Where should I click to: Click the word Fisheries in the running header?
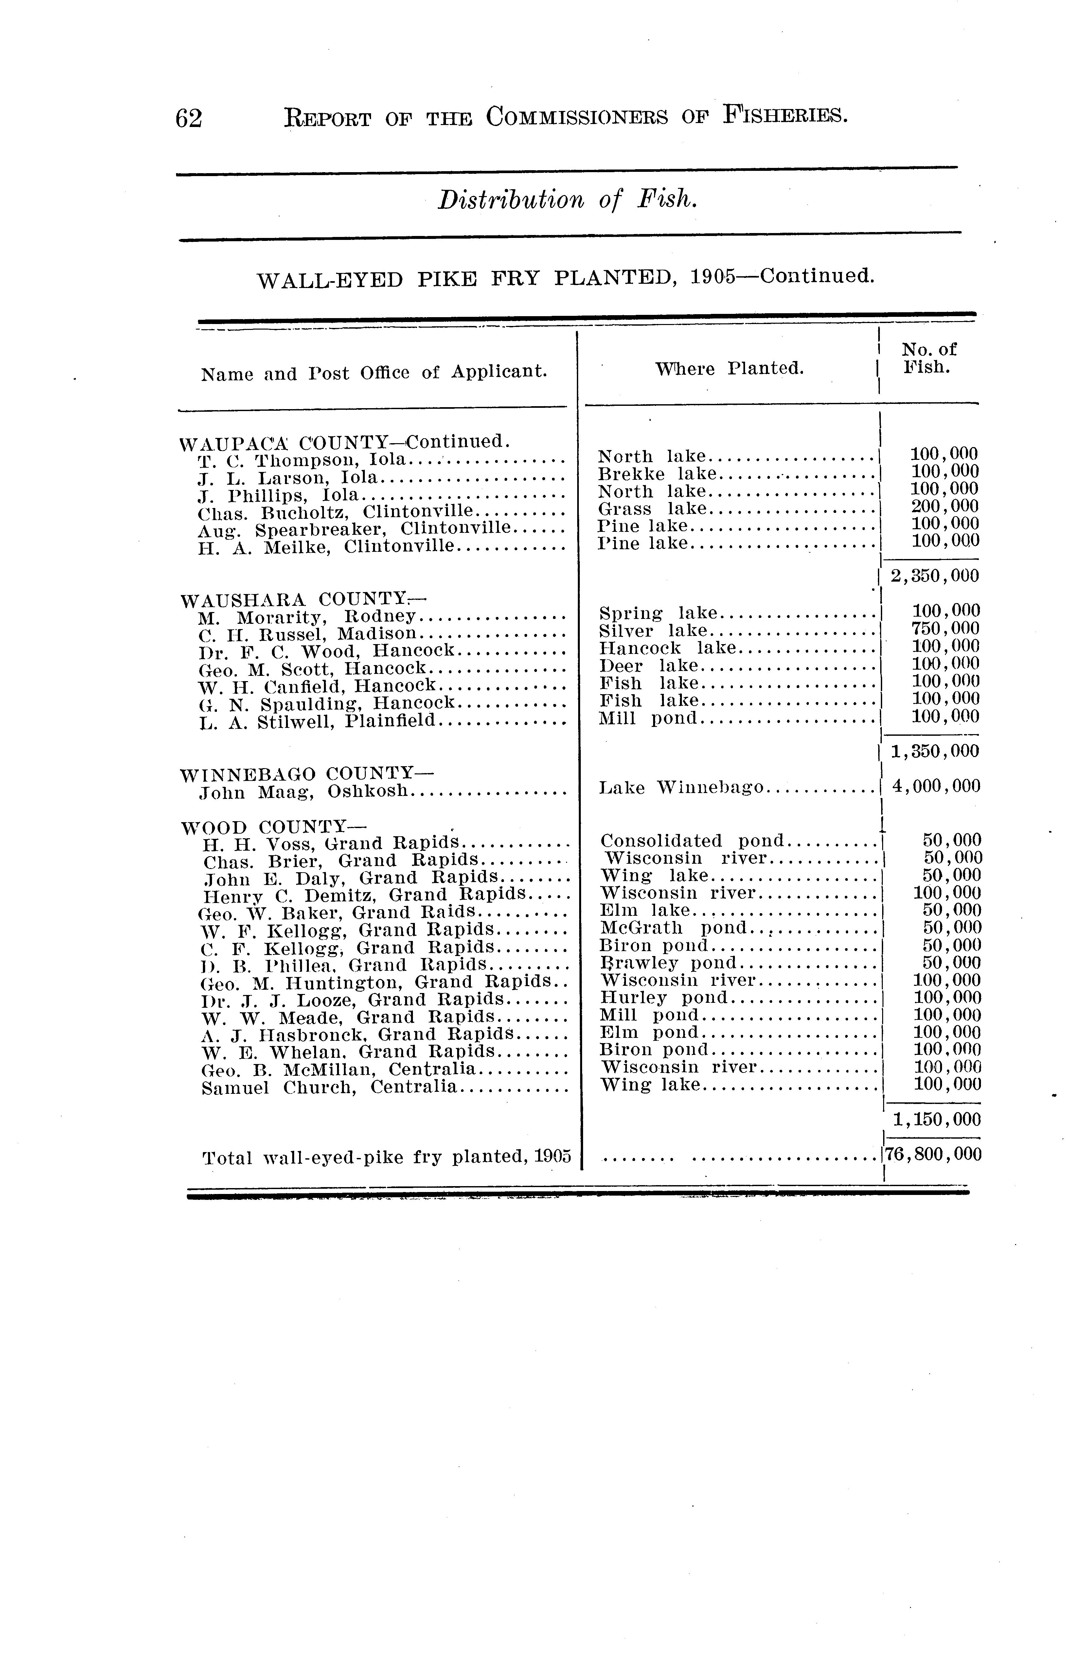click(x=786, y=115)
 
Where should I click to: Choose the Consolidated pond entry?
click(x=691, y=841)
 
